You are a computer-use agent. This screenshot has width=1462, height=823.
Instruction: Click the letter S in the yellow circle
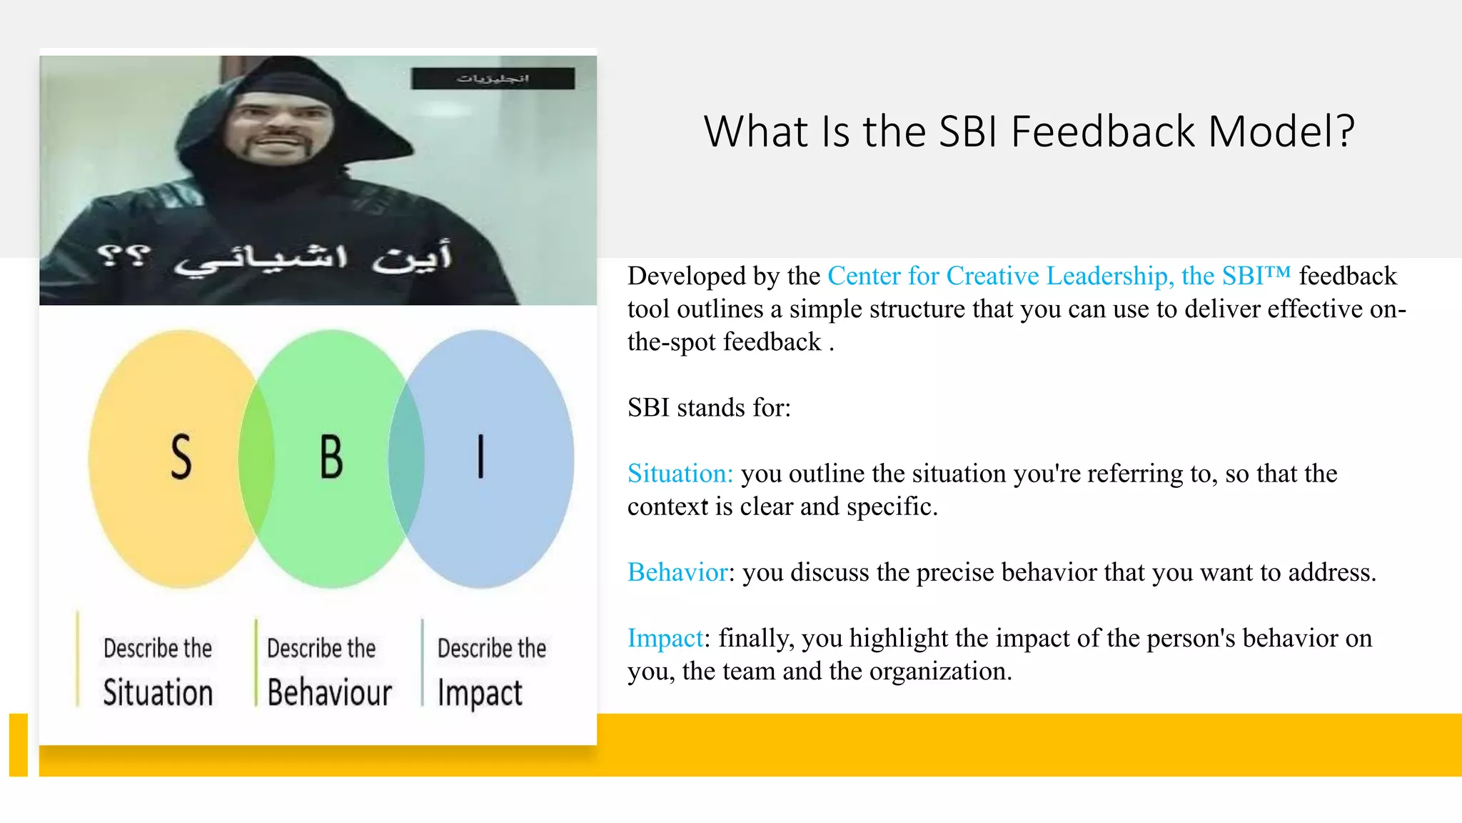181,457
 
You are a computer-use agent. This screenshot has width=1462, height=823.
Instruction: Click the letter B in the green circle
331,457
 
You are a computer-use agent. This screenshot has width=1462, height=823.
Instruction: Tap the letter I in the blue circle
480,457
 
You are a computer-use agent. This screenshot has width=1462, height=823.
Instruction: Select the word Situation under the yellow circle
158,693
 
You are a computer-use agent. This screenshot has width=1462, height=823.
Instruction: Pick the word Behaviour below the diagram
329,693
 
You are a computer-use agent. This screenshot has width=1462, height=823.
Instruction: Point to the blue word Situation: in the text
680,474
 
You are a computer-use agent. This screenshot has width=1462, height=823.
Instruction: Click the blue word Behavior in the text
677,572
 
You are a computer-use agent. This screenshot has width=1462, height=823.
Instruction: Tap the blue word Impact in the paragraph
665,638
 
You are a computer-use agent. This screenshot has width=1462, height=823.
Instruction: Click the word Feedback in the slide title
1103,132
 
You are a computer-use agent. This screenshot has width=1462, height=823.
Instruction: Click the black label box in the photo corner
493,79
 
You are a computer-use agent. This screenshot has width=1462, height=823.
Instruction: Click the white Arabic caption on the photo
275,259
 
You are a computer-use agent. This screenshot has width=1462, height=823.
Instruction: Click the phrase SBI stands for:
709,408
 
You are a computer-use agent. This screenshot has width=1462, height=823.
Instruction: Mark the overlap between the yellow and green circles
257,459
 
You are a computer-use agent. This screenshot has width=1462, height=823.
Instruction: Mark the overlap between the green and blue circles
406,459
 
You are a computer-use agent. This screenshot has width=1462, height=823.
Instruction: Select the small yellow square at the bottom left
19,744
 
